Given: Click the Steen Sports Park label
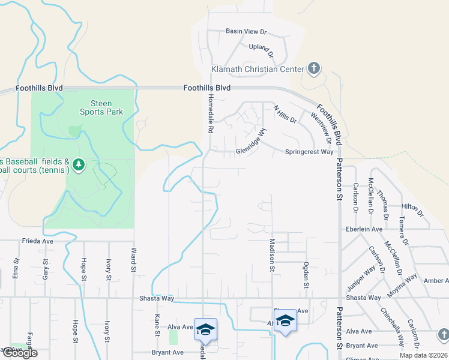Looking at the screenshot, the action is [101, 107].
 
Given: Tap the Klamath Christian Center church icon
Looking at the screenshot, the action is [313, 68].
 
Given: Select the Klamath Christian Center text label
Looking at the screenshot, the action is [257, 69].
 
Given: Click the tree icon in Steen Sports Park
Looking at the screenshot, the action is [78, 164].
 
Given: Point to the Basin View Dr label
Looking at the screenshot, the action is [246, 31].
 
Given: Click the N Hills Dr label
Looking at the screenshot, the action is [285, 115].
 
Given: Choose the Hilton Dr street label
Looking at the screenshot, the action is [412, 210].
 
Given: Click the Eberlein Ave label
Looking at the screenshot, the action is [363, 229].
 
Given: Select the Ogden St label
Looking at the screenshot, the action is [306, 274].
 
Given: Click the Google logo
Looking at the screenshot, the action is [19, 353].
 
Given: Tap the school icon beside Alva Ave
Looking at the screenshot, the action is [205, 329].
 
